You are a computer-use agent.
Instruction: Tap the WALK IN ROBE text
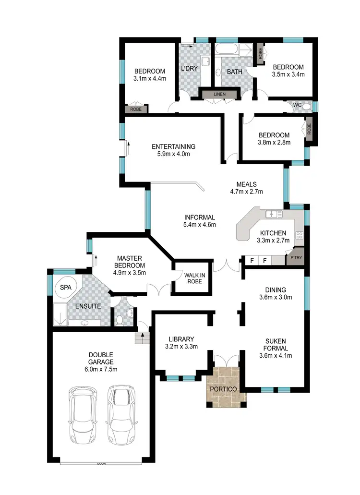point(192,278)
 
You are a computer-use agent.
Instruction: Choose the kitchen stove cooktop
point(300,235)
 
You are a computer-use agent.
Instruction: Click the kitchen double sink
point(274,214)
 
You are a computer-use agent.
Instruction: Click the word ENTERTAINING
point(173,146)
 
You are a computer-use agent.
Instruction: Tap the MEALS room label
point(246,184)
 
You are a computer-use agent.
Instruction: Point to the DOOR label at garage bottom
point(101,464)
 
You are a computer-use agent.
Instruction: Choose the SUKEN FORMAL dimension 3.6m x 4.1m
point(276,355)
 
